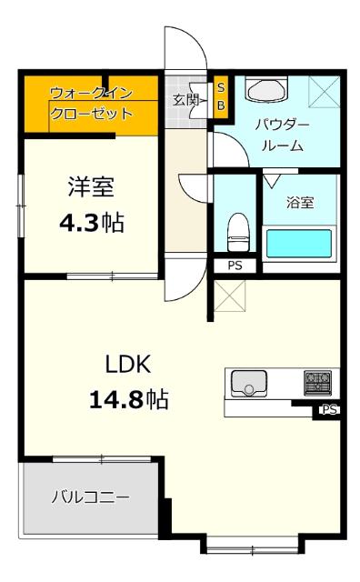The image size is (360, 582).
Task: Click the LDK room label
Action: click(127, 364)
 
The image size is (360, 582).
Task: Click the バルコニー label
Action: click(90, 497)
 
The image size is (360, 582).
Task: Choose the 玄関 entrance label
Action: click(185, 100)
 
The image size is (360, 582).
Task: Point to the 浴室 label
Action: click(300, 202)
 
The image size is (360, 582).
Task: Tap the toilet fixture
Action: click(237, 231)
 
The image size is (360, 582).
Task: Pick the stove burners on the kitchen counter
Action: click(317, 381)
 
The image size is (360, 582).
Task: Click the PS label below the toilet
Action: click(235, 266)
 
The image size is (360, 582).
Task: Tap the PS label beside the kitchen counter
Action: click(329, 410)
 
